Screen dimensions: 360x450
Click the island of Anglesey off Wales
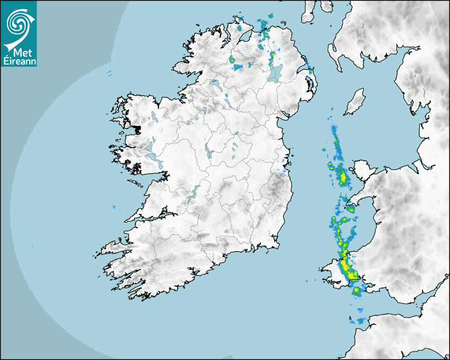coord(365,171)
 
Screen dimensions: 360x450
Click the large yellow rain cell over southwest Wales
coord(349,267)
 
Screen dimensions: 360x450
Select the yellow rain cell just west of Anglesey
coord(342,177)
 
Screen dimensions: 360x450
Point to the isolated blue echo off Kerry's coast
coord(113,206)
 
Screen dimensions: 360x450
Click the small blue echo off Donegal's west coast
coord(109,73)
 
